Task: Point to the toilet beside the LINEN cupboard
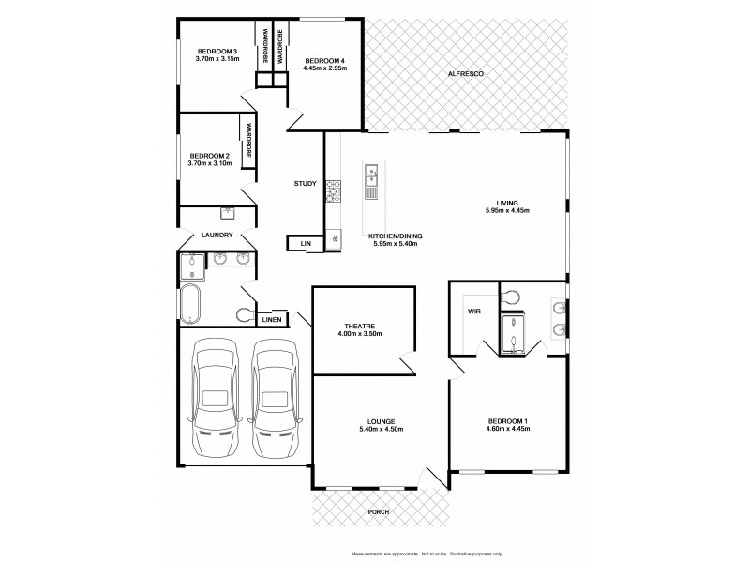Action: (x=247, y=314)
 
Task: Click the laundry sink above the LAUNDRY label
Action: (x=227, y=213)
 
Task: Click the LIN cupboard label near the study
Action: (x=306, y=244)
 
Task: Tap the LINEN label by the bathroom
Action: (x=272, y=320)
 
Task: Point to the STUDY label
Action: (x=305, y=184)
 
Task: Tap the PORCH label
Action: (x=380, y=512)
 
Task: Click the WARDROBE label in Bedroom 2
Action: (x=249, y=142)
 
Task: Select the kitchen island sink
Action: (x=371, y=174)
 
